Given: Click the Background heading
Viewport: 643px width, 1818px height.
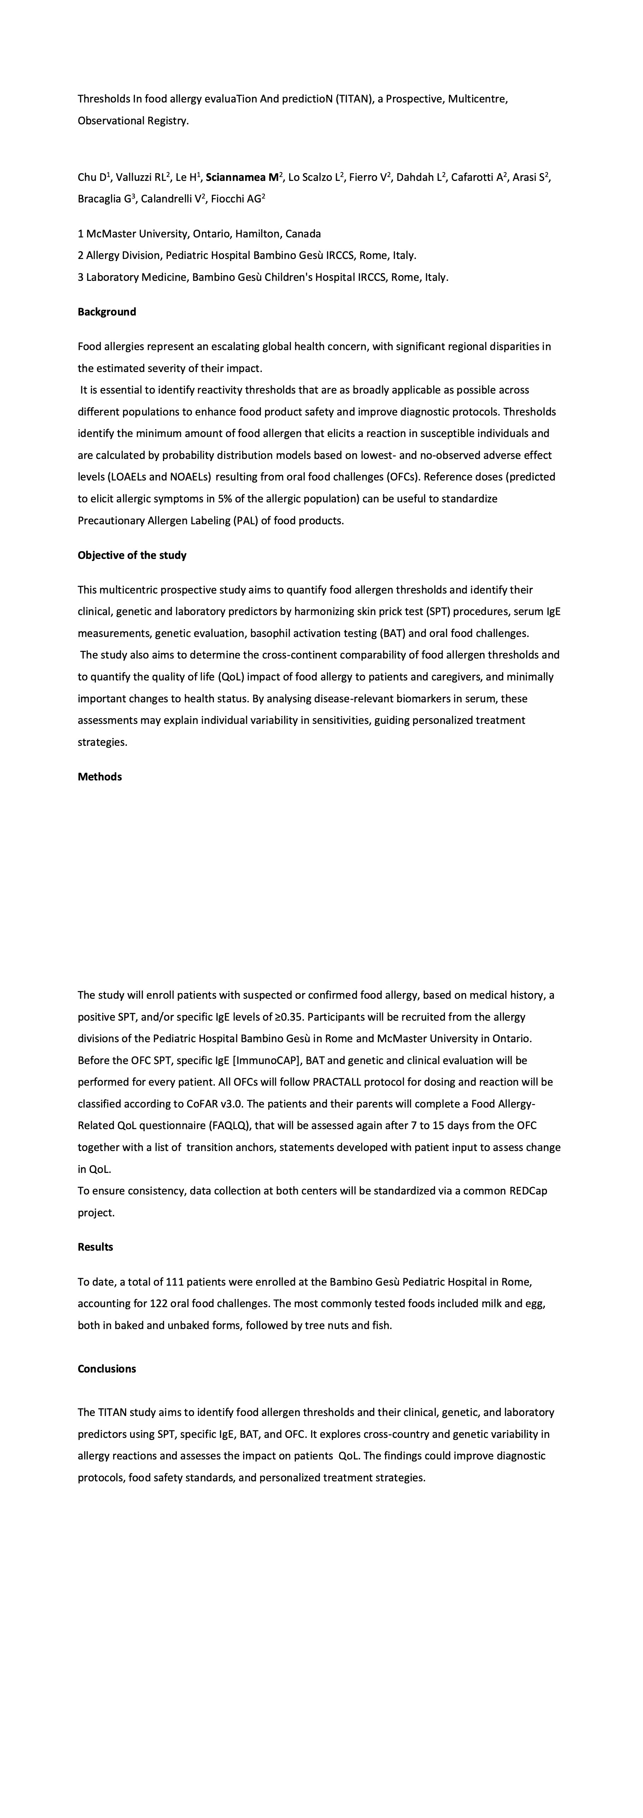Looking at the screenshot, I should tap(107, 312).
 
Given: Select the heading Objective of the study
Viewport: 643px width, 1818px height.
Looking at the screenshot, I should tap(132, 555).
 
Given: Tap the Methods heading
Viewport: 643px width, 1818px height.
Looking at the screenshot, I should tap(100, 777).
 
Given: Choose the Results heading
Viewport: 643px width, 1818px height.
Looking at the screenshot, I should tap(95, 1247).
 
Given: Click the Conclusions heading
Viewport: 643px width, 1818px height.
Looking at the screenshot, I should tap(107, 1369).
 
